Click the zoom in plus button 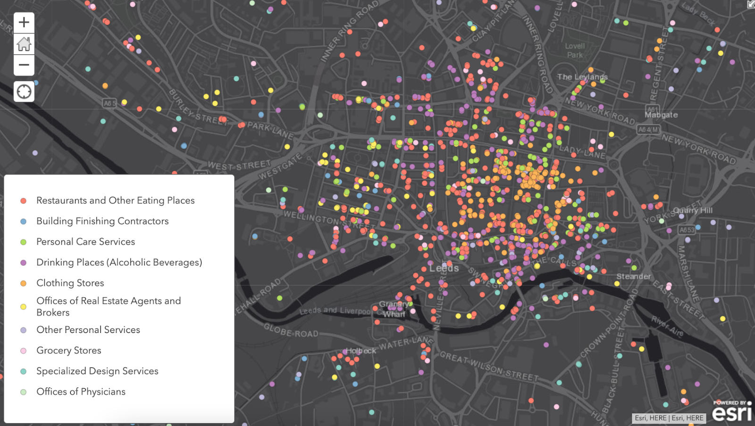coord(24,22)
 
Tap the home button coord(24,44)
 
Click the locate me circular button coord(24,91)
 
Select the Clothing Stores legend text coord(70,283)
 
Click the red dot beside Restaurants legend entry coord(23,201)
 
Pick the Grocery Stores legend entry coord(69,350)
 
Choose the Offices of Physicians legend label coord(81,392)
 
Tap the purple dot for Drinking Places coord(23,263)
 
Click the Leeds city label coord(444,268)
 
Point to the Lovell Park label coord(575,51)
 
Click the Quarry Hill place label coord(693,210)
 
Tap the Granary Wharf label coord(394,309)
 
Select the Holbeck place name coord(361,351)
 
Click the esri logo coord(731,412)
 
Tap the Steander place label coord(633,276)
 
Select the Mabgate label coord(661,115)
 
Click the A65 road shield coord(109,103)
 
